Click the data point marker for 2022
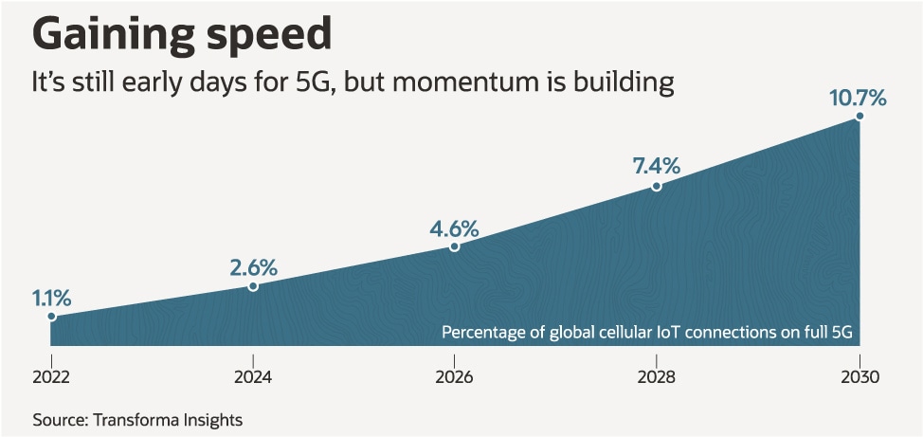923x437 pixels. tap(51, 317)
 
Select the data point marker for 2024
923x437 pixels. tap(253, 285)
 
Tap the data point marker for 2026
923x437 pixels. tap(455, 246)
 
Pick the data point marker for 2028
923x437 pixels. tap(657, 186)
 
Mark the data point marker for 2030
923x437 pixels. tap(860, 116)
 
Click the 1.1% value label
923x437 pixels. tap(51, 296)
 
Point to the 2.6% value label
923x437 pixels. tap(253, 266)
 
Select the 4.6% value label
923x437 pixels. tap(455, 228)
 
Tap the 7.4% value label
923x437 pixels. tap(657, 165)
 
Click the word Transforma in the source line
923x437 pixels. tap(132, 418)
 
